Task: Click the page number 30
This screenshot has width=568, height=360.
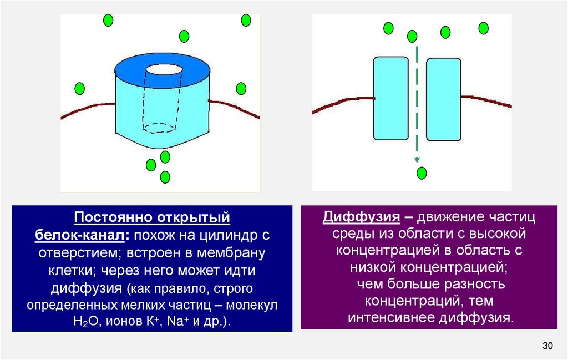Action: coord(548,346)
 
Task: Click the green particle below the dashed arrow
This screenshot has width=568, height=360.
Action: coord(422,173)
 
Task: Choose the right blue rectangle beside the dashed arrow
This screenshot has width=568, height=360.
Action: coord(443,98)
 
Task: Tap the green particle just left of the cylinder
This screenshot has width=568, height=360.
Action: coord(80,88)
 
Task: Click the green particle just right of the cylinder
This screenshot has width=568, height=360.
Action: coord(241,88)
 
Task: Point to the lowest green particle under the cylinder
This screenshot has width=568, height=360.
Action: coord(165,178)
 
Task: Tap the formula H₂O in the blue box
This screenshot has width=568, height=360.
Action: coord(85,322)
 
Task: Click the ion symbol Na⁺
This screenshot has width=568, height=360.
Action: coord(170,322)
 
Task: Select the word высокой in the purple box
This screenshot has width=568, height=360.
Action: coord(493,233)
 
